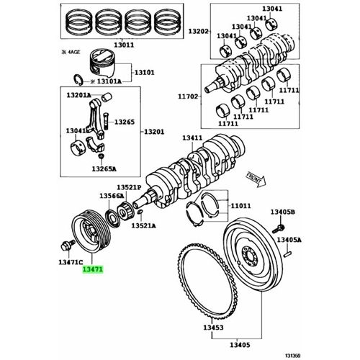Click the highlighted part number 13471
coord(93,269)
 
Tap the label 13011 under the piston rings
coord(124,45)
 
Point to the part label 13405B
coord(283,212)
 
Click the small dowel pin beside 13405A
coord(287,254)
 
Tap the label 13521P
coord(129,187)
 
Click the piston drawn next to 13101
coord(103,64)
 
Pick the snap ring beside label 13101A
coord(78,80)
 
